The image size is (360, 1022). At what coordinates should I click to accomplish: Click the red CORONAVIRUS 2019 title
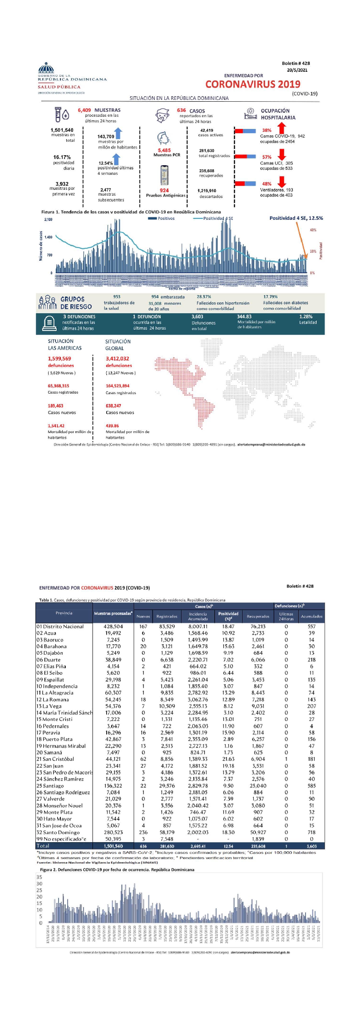pyautogui.click(x=253, y=84)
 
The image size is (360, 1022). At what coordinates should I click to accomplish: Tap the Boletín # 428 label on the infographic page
pyautogui.click(x=296, y=64)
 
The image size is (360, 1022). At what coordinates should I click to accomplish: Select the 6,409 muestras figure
pyautogui.click(x=84, y=110)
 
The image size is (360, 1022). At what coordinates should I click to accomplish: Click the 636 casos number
pyautogui.click(x=182, y=110)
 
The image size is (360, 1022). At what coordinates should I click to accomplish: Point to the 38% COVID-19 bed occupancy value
pyautogui.click(x=267, y=130)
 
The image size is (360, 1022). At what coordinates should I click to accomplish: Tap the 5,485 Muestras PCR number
pyautogui.click(x=164, y=150)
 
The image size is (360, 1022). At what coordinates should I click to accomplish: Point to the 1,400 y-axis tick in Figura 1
pyautogui.click(x=48, y=237)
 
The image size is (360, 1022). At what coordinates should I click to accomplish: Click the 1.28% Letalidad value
pyautogui.click(x=306, y=316)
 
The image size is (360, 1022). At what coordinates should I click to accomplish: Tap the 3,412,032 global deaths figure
pyautogui.click(x=117, y=359)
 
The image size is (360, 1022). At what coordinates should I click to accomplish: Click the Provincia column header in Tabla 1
pyautogui.click(x=64, y=613)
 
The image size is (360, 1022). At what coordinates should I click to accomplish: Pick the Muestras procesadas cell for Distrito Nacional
pyautogui.click(x=113, y=627)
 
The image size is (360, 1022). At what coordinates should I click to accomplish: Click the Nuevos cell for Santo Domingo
pyautogui.click(x=143, y=832)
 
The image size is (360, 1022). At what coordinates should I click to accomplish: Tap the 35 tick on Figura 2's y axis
pyautogui.click(x=39, y=877)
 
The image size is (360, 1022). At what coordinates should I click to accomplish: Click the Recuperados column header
pyautogui.click(x=258, y=617)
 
